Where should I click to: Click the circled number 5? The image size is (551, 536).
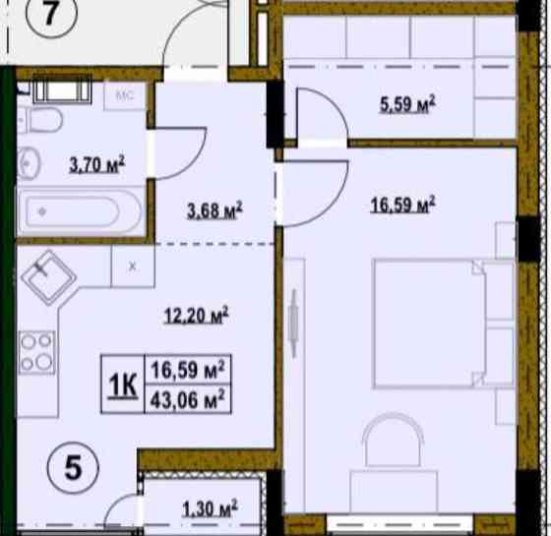click(73, 467)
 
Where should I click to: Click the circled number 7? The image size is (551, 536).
click(51, 13)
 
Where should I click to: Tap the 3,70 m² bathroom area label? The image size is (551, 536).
click(97, 164)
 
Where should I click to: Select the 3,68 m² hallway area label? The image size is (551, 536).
click(214, 210)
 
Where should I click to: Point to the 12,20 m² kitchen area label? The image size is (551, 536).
click(197, 315)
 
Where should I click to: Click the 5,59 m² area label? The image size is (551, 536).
click(407, 104)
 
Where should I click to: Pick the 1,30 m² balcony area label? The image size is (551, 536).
click(210, 508)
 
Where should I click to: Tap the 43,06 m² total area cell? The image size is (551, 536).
click(188, 399)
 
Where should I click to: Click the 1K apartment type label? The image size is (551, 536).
click(123, 385)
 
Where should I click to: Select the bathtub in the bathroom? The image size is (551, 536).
click(80, 211)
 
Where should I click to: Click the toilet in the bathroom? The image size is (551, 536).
click(40, 120)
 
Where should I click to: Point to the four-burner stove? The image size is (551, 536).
click(37, 352)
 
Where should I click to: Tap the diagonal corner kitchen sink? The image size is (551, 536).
click(49, 277)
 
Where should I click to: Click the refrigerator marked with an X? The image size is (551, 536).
click(133, 267)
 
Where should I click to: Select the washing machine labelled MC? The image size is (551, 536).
click(125, 95)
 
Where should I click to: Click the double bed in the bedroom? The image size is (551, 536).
click(444, 324)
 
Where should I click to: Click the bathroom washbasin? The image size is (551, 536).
click(29, 163)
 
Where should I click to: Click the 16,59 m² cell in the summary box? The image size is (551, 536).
click(188, 370)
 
